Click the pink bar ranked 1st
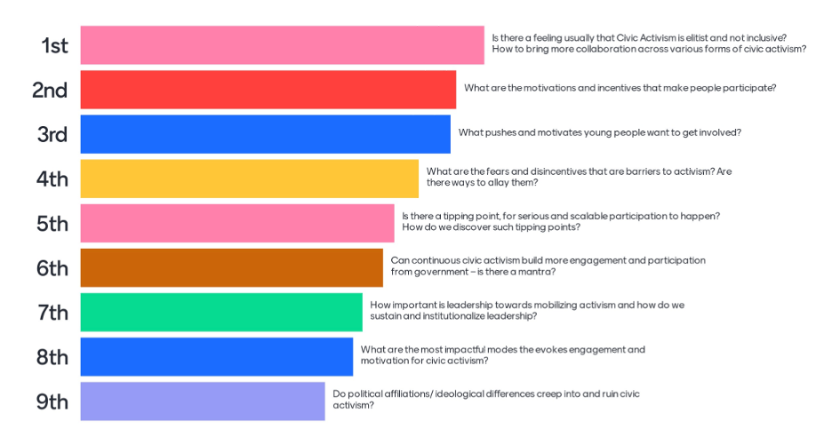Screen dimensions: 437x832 [282, 44]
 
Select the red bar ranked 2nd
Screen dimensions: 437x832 [268, 89]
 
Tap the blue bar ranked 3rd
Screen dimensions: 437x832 [265, 133]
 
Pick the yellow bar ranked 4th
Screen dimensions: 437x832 [249, 178]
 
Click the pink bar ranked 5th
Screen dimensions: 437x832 [236, 223]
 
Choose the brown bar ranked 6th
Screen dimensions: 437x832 [231, 267]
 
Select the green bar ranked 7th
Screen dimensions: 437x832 [221, 312]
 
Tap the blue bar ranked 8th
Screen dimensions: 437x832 [216, 356]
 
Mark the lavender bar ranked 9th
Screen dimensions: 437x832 [203, 401]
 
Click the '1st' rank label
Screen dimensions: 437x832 [54, 45]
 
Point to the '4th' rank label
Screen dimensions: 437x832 [52, 179]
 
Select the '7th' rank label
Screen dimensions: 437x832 [52, 313]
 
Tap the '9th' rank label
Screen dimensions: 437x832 [52, 401]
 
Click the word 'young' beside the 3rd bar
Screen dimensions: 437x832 [602, 132]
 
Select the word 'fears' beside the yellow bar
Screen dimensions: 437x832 [495, 171]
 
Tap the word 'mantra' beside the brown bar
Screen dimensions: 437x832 [532, 272]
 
